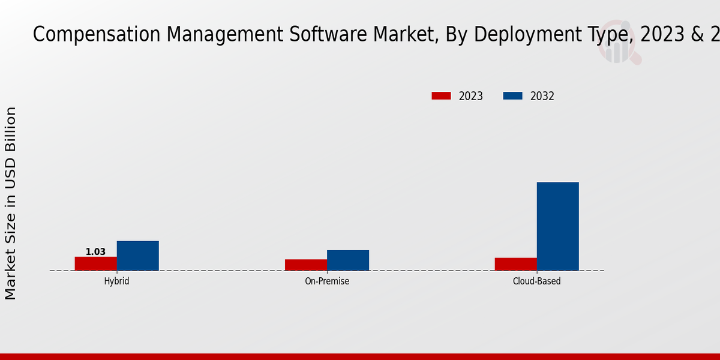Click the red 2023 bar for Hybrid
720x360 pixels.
pos(96,263)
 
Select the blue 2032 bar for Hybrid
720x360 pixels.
pos(138,256)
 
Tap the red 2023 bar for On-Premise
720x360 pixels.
pos(306,265)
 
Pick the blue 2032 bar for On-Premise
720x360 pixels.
pos(348,260)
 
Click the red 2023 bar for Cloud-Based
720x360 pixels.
pos(516,264)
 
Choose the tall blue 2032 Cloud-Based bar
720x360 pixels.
pos(558,226)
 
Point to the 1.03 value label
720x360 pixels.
pos(95,252)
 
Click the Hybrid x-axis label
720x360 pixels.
pos(116,281)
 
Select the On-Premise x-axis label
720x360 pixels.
pos(327,281)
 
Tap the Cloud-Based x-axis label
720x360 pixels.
pos(537,281)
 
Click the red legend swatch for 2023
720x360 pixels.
pos(441,96)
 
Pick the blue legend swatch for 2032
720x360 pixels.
pos(512,96)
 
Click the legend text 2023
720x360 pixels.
pos(471,96)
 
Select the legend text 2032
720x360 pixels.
pos(542,96)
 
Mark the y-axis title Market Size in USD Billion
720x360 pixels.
pos(11,203)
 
